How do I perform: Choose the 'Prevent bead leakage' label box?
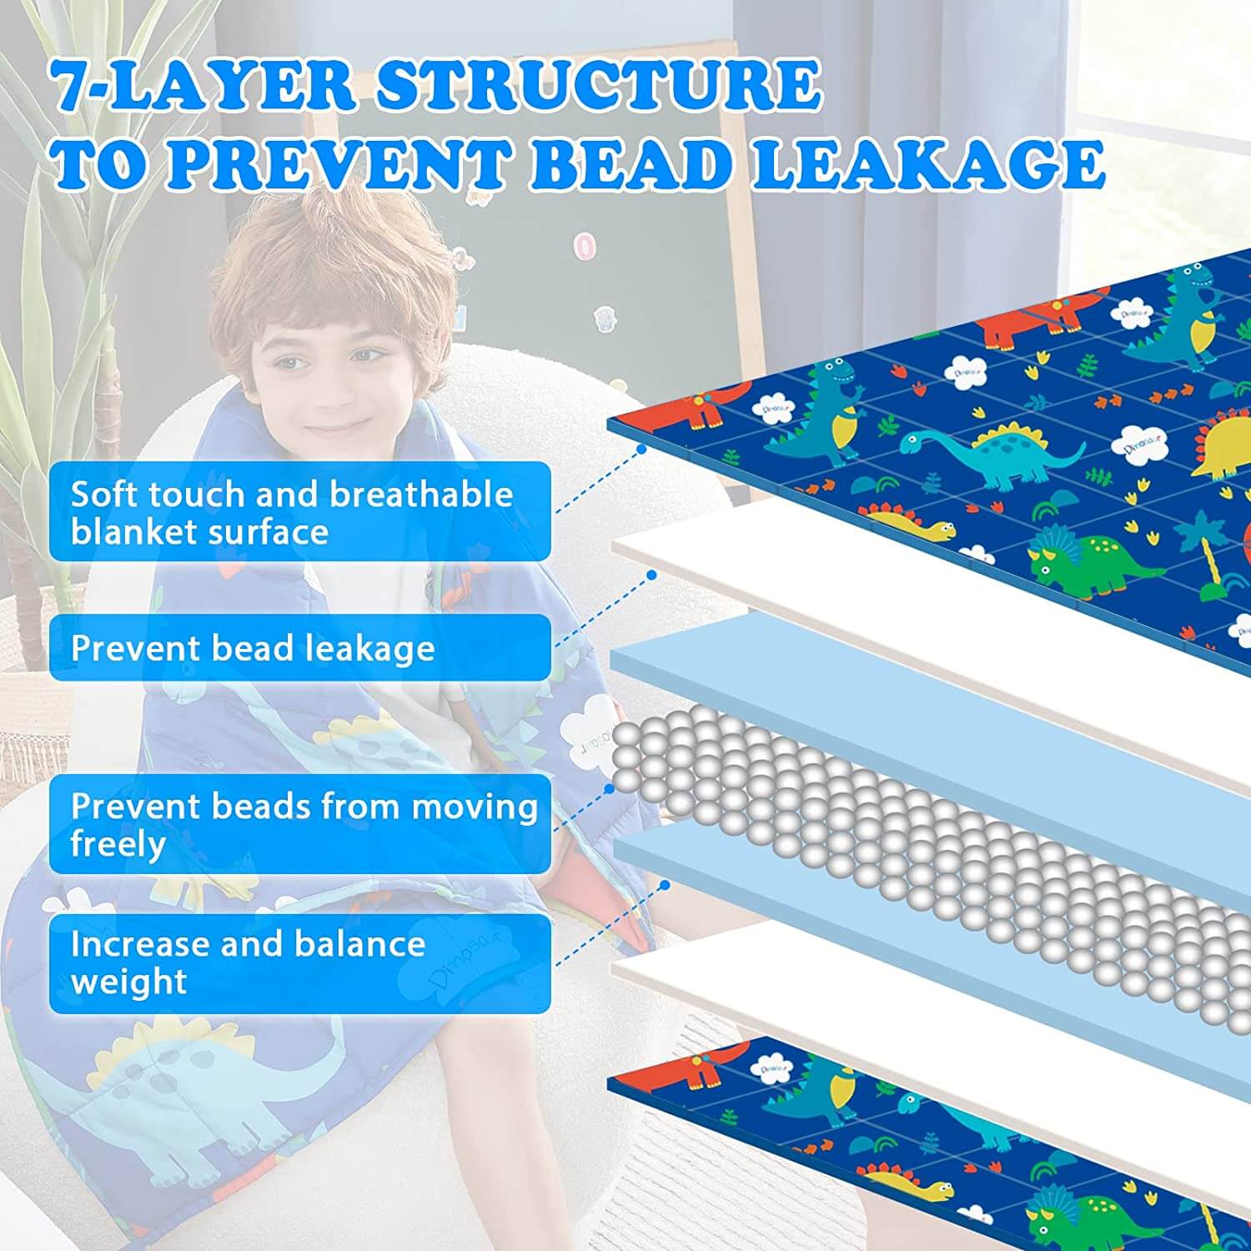(x=299, y=648)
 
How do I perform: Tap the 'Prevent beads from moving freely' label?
(x=299, y=824)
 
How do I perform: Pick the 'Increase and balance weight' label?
(x=299, y=963)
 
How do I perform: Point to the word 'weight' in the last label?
(x=128, y=982)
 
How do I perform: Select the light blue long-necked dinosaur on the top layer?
(x=992, y=455)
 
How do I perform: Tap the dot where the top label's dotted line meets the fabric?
(x=641, y=449)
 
